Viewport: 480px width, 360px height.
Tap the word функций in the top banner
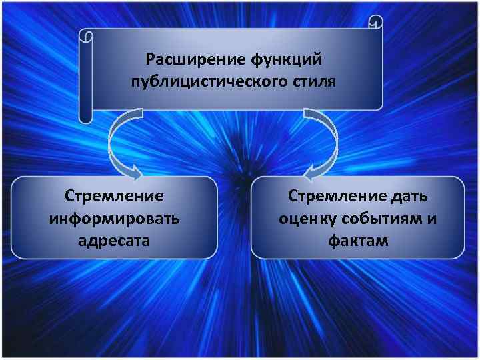pyautogui.click(x=287, y=61)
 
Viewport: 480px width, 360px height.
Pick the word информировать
pyautogui.click(x=114, y=218)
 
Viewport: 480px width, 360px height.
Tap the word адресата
pyautogui.click(x=114, y=240)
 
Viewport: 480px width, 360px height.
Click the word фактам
pyautogui.click(x=358, y=240)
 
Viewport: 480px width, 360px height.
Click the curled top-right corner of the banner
pyautogui.click(x=376, y=25)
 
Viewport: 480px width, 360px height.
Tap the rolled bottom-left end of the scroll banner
pyautogui.click(x=85, y=116)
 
